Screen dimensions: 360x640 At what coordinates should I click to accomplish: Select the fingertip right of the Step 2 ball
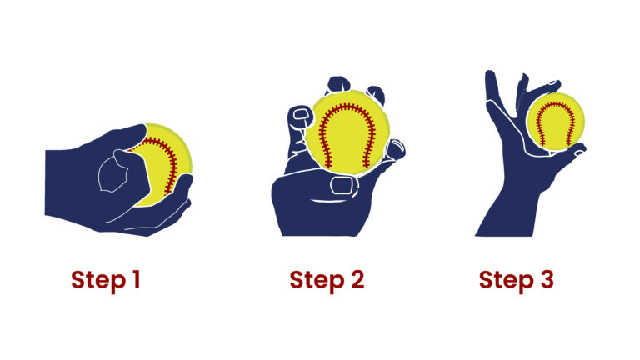398,151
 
